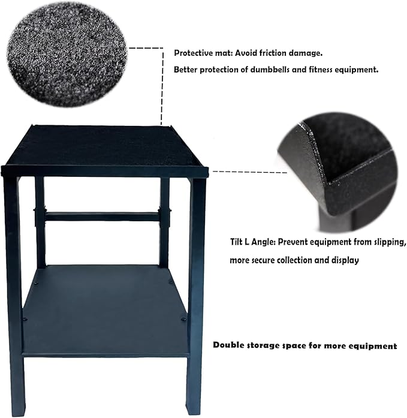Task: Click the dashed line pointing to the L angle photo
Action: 240,171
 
